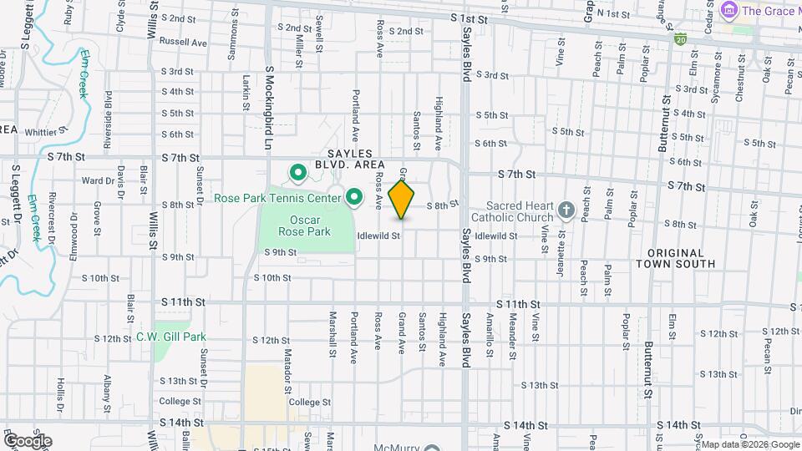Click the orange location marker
point(402,200)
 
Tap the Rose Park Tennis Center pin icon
point(353,198)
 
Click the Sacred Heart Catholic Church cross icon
point(566,210)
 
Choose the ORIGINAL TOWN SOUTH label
point(675,258)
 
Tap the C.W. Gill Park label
point(170,337)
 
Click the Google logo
point(27,441)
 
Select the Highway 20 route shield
point(681,38)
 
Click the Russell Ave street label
point(182,42)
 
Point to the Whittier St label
point(45,132)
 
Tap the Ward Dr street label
point(98,180)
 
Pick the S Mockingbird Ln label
point(269,108)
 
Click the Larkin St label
point(246,93)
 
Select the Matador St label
point(286,372)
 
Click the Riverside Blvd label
point(108,120)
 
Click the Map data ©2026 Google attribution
point(749,444)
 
